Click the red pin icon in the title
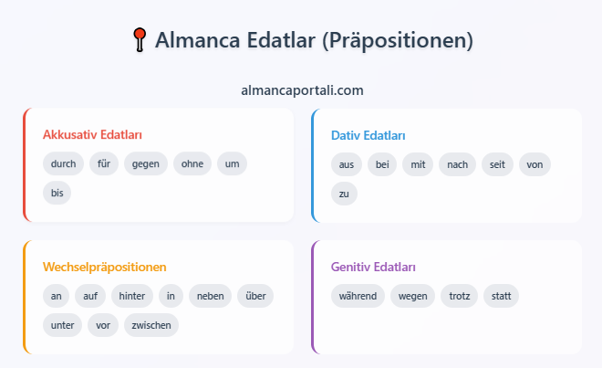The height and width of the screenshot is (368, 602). coord(140,39)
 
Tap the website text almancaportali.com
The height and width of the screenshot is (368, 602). coord(302,90)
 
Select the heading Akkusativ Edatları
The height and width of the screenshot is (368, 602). coord(92,134)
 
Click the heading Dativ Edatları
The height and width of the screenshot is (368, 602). coord(368,135)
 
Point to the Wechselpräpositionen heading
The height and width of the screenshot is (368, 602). coord(104,267)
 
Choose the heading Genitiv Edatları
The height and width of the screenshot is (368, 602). coord(373,267)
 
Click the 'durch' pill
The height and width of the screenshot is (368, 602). coord(63,163)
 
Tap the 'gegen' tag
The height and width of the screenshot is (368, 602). coord(146,163)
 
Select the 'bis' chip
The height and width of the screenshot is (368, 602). coord(57,193)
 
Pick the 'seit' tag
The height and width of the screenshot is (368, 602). coord(497,164)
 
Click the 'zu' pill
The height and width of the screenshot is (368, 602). coord(344,194)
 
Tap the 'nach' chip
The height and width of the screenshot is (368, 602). coord(457,164)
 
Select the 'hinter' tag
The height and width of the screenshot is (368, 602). coord(132,296)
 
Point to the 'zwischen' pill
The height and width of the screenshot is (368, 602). coord(151,325)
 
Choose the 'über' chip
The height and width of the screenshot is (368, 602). coord(255,296)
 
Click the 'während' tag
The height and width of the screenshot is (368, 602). coord(358,296)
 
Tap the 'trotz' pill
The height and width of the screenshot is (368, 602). coord(459,296)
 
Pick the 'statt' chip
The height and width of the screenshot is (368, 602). coord(501,296)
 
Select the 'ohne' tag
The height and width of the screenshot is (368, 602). coord(192,163)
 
